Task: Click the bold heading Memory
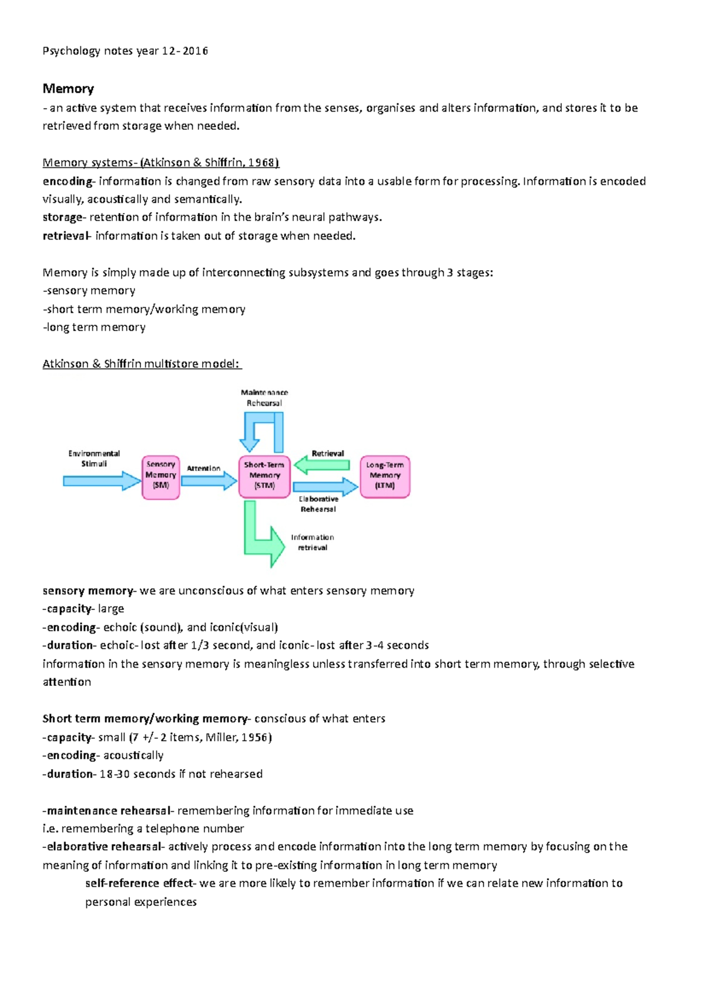[x=68, y=89]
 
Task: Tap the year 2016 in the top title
[x=195, y=51]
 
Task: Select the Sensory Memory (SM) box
[x=160, y=477]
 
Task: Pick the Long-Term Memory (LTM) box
[x=385, y=477]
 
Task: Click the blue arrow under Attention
[x=209, y=481]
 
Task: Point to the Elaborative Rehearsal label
[x=318, y=504]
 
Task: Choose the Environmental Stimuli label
[x=94, y=459]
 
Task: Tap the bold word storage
[x=62, y=217]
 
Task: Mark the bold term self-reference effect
[x=139, y=884]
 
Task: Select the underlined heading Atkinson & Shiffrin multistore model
[x=142, y=364]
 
